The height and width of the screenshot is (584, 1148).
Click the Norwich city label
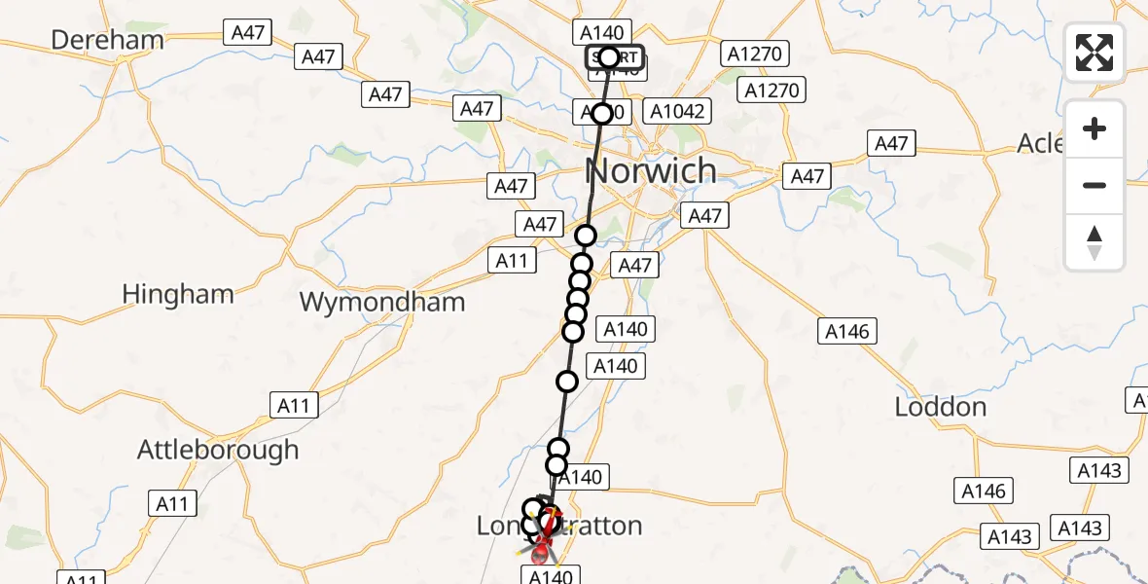click(x=652, y=171)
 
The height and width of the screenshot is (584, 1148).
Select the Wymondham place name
click(x=382, y=302)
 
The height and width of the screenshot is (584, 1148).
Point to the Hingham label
click(x=178, y=294)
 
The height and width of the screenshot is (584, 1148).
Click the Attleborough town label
click(x=218, y=450)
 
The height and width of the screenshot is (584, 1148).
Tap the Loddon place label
click(x=940, y=407)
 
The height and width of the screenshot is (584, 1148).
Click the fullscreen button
click(x=1094, y=53)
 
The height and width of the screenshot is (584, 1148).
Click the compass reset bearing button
click(x=1094, y=242)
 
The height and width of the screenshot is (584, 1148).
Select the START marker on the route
click(x=609, y=57)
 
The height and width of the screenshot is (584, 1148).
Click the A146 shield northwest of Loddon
click(x=846, y=331)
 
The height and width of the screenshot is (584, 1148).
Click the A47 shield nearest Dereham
click(x=248, y=32)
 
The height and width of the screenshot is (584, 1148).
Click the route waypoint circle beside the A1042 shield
click(x=602, y=114)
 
